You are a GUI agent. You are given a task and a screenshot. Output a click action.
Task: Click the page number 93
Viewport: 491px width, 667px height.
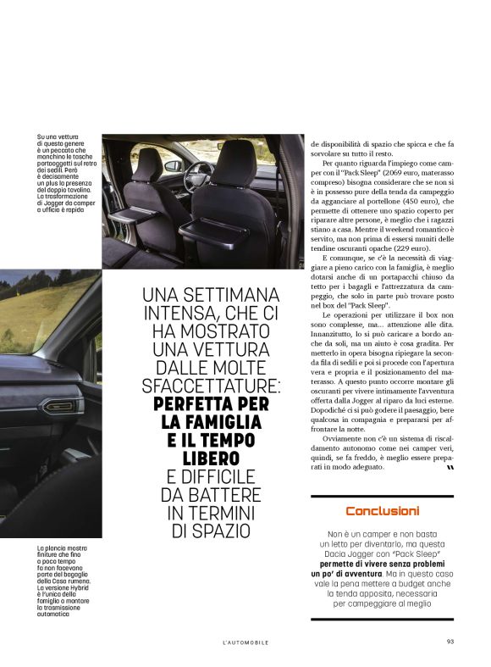pos(450,642)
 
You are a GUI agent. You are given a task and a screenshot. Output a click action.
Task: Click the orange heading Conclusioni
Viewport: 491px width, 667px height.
pos(382,511)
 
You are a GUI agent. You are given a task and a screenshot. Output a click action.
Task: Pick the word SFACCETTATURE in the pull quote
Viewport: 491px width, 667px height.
pos(211,386)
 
